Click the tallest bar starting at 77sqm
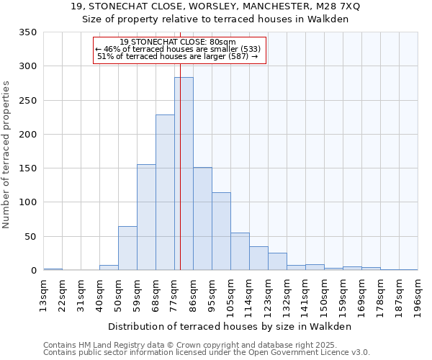[184, 174]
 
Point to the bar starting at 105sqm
[240, 252]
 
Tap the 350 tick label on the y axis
[27, 32]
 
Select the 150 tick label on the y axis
[27, 168]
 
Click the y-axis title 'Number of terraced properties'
[6, 154]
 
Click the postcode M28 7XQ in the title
[333, 6]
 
